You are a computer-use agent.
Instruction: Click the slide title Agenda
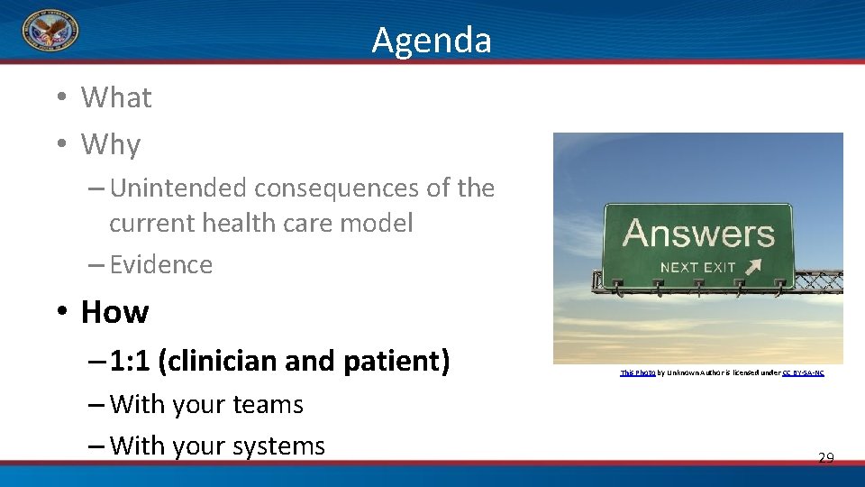click(x=432, y=41)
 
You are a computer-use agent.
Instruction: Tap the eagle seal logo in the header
click(x=50, y=32)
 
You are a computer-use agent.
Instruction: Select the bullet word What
click(x=116, y=97)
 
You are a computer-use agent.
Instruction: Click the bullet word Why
click(x=111, y=144)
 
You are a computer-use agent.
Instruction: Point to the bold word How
click(x=114, y=312)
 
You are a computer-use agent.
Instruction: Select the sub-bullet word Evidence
click(x=161, y=264)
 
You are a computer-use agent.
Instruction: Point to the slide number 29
click(x=825, y=458)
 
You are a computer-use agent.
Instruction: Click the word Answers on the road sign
click(x=698, y=234)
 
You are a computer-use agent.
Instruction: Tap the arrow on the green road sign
click(x=752, y=267)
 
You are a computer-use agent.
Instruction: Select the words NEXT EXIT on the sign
click(x=697, y=267)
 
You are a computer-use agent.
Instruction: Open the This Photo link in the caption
click(x=637, y=372)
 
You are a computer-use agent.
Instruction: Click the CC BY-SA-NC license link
click(x=802, y=372)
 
